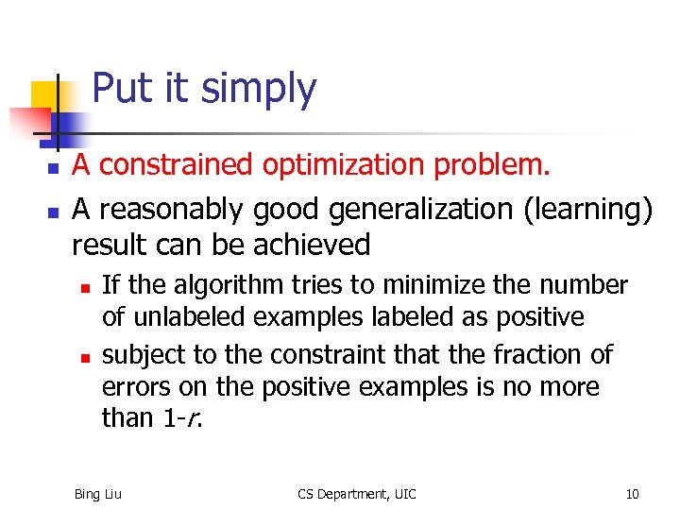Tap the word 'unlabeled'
coord(183,316)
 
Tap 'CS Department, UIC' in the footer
coord(356,494)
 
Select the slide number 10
coord(632,494)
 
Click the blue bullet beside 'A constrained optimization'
coord(54,168)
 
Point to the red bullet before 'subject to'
coord(83,358)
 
